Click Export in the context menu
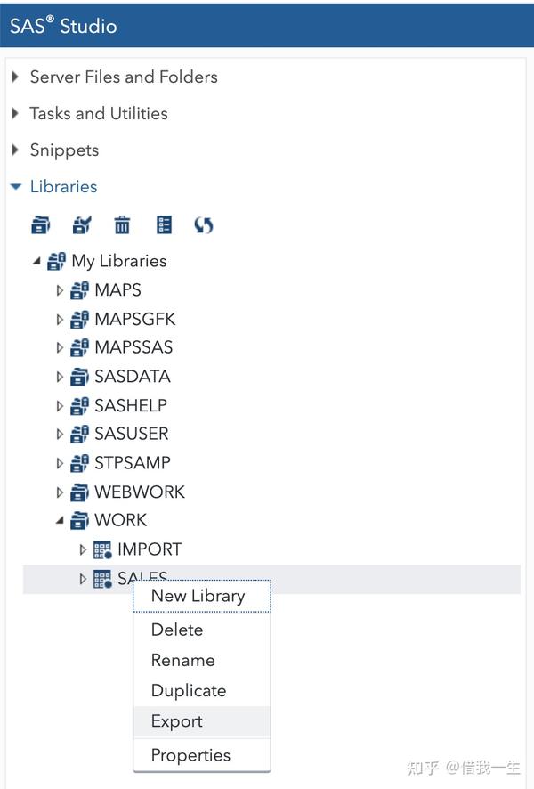coord(177,721)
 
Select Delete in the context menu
coord(177,630)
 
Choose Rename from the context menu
coord(182,660)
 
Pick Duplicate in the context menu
coord(189,691)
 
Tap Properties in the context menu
coord(190,755)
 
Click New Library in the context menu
coord(198,597)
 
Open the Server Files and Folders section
coord(124,77)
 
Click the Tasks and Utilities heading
coord(98,113)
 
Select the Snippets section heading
coord(64,150)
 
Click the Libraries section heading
coord(63,186)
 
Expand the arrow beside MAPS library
coord(61,290)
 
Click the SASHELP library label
coord(131,405)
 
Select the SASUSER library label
coord(132,434)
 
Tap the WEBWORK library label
coord(140,492)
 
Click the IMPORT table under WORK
coord(150,549)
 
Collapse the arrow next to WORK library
coord(60,521)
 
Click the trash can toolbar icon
coord(122,225)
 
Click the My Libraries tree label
coord(119,261)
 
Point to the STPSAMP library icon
coord(80,463)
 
